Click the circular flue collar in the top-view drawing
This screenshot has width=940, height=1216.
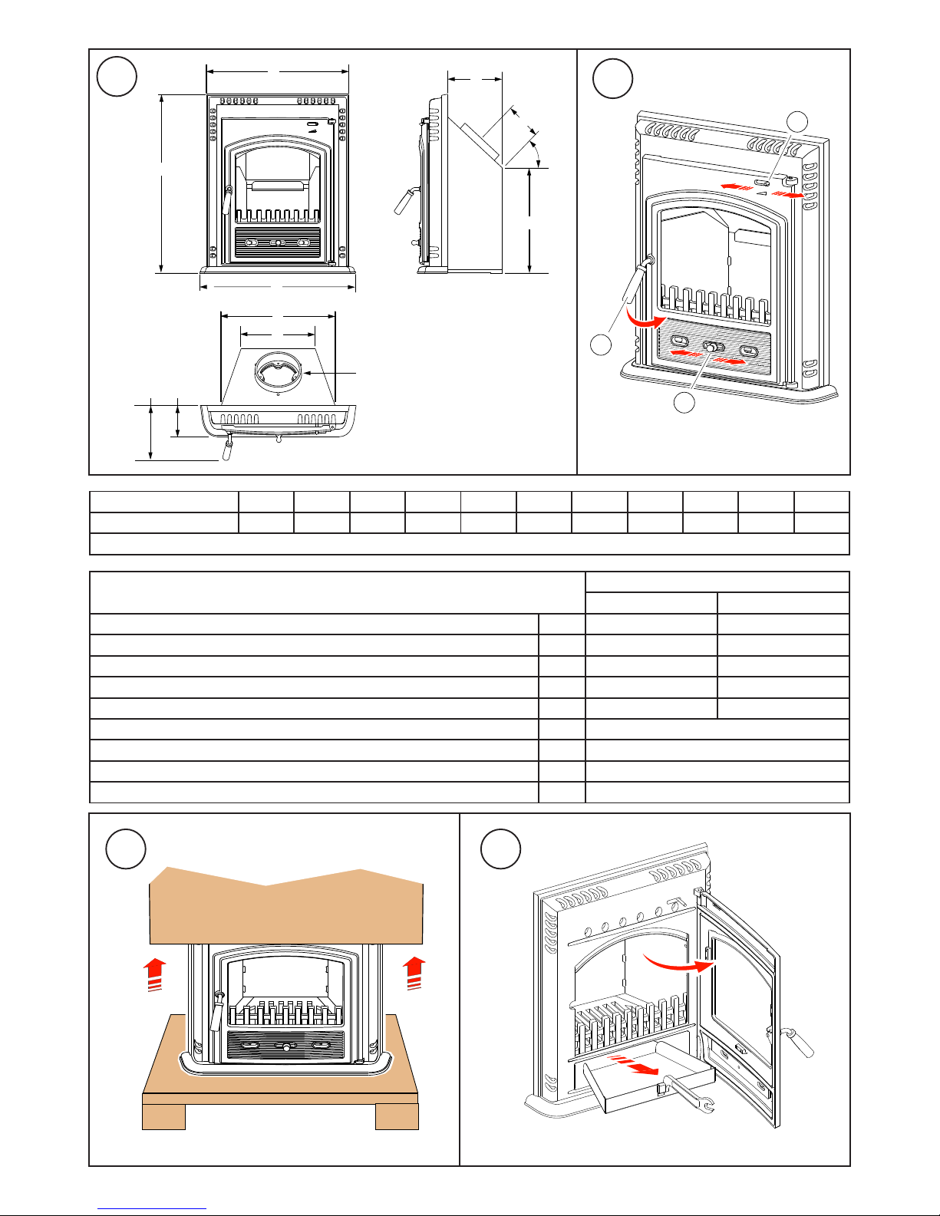click(x=278, y=372)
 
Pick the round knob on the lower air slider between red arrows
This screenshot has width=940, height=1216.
click(x=714, y=348)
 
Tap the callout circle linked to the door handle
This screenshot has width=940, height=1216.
click(x=602, y=344)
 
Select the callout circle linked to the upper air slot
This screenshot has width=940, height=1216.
click(x=798, y=120)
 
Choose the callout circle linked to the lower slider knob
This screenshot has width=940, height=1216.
click(x=684, y=401)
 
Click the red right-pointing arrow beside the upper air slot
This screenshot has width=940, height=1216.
click(x=790, y=196)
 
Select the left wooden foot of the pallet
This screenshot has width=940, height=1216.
click(x=164, y=1116)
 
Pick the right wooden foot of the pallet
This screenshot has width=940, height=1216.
click(x=397, y=1116)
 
